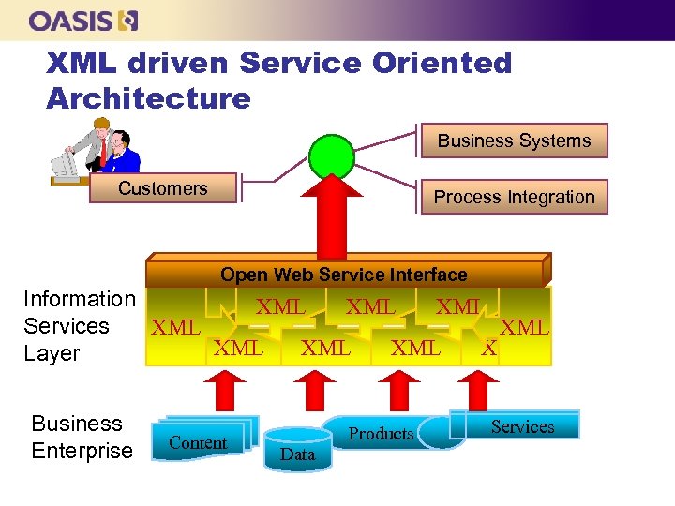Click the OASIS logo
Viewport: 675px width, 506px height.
pos(83,21)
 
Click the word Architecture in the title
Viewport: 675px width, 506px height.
pos(148,98)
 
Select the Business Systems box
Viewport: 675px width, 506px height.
pos(514,141)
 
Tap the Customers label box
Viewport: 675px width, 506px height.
pos(162,188)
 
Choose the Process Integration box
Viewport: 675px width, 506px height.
pos(514,197)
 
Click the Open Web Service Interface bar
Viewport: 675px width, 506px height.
pos(343,274)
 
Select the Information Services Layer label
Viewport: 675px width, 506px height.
pos(79,326)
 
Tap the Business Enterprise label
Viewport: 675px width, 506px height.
pos(82,437)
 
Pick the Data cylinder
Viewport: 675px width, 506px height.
pos(297,448)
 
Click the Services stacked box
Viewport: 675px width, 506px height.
pos(520,425)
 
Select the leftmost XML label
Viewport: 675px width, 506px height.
pos(175,328)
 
